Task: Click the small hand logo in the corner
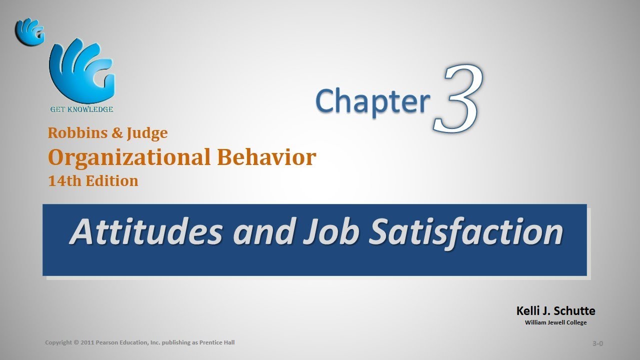tap(30, 31)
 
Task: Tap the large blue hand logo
tap(82, 71)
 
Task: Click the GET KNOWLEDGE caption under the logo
tap(81, 109)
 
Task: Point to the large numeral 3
tap(458, 98)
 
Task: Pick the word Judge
tap(147, 133)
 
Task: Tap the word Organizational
tap(129, 157)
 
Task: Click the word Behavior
tap(266, 157)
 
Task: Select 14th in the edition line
tap(64, 181)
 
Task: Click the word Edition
tap(112, 181)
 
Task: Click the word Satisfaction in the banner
tap(465, 232)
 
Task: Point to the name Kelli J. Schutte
tap(556, 311)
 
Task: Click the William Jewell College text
tap(555, 322)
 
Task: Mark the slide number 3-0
tap(597, 343)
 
